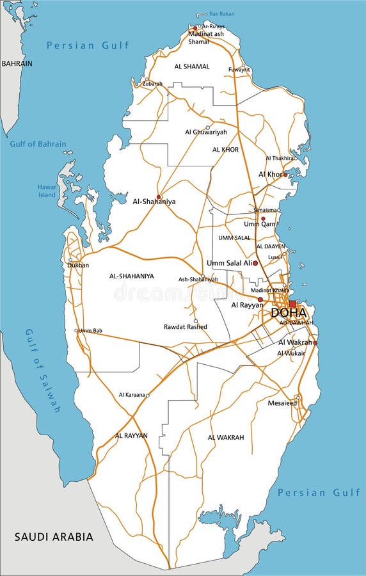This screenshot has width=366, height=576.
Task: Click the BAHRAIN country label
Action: [x=17, y=64]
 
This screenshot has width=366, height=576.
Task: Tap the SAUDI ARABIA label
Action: [x=54, y=536]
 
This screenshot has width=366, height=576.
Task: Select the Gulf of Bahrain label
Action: [x=38, y=144]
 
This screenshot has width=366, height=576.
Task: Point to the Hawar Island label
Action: [x=47, y=191]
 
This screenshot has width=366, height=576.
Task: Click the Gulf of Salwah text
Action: [x=43, y=371]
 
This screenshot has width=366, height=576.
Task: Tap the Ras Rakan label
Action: [x=222, y=13]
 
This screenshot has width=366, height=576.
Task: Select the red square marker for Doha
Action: [x=292, y=304]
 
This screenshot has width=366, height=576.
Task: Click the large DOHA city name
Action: [x=289, y=314]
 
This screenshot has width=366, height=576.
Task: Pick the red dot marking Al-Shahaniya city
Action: [x=159, y=196]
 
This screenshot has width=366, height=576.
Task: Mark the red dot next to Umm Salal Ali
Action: [x=255, y=263]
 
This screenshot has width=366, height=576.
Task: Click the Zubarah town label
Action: [x=152, y=83]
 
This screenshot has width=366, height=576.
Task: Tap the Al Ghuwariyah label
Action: [x=206, y=132]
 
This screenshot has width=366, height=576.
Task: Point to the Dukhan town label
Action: [x=79, y=265]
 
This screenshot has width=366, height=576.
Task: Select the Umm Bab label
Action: [x=90, y=331]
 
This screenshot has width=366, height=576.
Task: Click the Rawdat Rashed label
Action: [x=186, y=326]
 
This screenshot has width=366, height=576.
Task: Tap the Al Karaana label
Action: [x=131, y=396]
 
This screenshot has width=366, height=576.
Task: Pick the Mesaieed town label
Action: [x=282, y=403]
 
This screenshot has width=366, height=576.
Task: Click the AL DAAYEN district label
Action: [x=271, y=246]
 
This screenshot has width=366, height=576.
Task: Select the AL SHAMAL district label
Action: [x=192, y=66]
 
